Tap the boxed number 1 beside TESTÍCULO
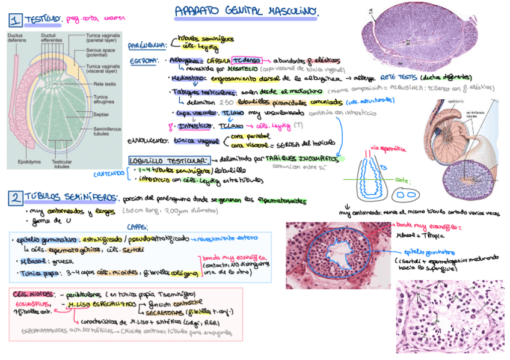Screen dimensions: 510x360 tap(14, 20)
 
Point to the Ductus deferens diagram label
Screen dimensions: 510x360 tap(16, 38)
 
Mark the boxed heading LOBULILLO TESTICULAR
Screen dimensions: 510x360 tap(168, 160)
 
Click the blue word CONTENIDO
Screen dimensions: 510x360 tap(108, 174)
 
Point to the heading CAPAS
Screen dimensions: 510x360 tap(138, 227)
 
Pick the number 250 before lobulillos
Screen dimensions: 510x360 tap(210, 102)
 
